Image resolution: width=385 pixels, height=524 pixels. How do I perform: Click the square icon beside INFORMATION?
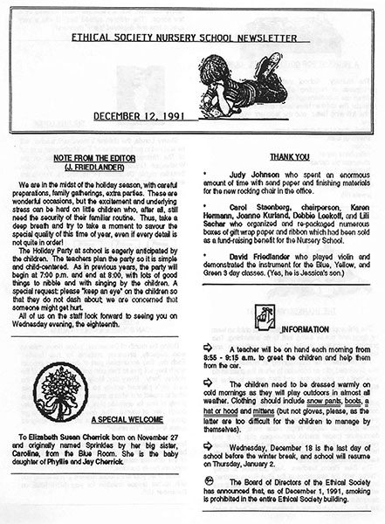[x=263, y=318]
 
